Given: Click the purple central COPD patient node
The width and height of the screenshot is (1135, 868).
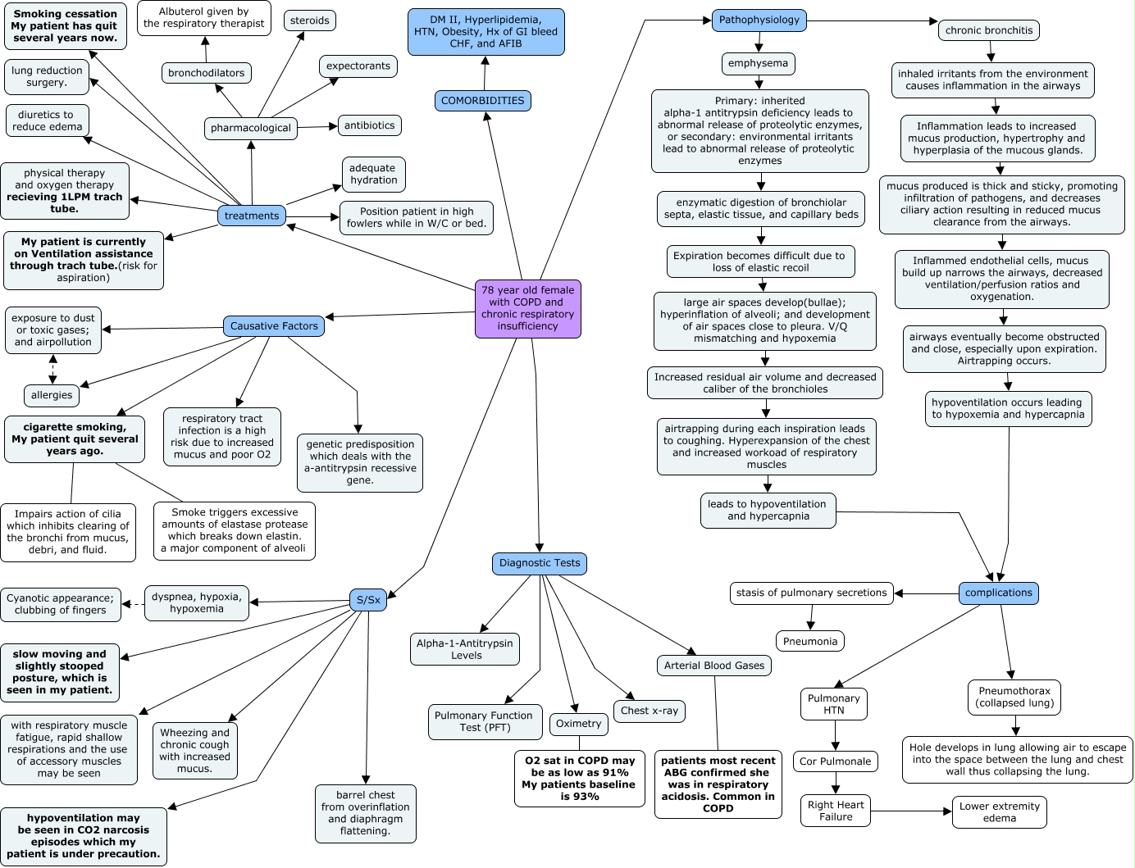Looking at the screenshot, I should [527, 308].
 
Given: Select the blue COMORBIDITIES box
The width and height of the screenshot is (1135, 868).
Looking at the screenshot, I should [482, 101].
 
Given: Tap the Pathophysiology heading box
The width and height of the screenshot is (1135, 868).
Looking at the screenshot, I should [759, 20].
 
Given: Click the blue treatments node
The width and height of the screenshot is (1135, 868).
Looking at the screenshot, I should [252, 216].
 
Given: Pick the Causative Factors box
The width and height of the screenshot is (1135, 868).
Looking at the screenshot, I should [274, 326].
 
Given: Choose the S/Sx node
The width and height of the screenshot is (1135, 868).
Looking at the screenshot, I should [368, 600].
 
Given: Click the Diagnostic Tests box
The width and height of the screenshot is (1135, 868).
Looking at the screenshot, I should [539, 563].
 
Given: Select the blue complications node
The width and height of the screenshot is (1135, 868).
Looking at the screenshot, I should [998, 593].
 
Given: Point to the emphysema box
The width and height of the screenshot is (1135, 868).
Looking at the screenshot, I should [759, 63].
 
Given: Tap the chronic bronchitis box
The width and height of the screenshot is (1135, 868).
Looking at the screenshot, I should [989, 30].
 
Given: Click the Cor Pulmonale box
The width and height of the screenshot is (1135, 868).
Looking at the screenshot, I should [835, 761].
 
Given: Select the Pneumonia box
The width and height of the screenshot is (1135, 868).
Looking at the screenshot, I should [809, 641].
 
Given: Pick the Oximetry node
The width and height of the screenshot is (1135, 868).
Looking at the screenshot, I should [578, 724].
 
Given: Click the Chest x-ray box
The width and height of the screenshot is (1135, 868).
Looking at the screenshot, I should [650, 711].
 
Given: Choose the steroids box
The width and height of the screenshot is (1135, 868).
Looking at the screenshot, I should [310, 20].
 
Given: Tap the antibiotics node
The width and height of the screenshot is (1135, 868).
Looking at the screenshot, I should [369, 125].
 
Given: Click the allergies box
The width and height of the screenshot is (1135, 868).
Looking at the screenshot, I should [52, 395].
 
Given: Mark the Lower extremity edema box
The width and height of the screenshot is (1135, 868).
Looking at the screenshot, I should [999, 811].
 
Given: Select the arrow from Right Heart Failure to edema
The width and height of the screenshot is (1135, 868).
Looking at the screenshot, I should [910, 811].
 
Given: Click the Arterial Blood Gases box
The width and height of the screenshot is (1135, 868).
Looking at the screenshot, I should [713, 666].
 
